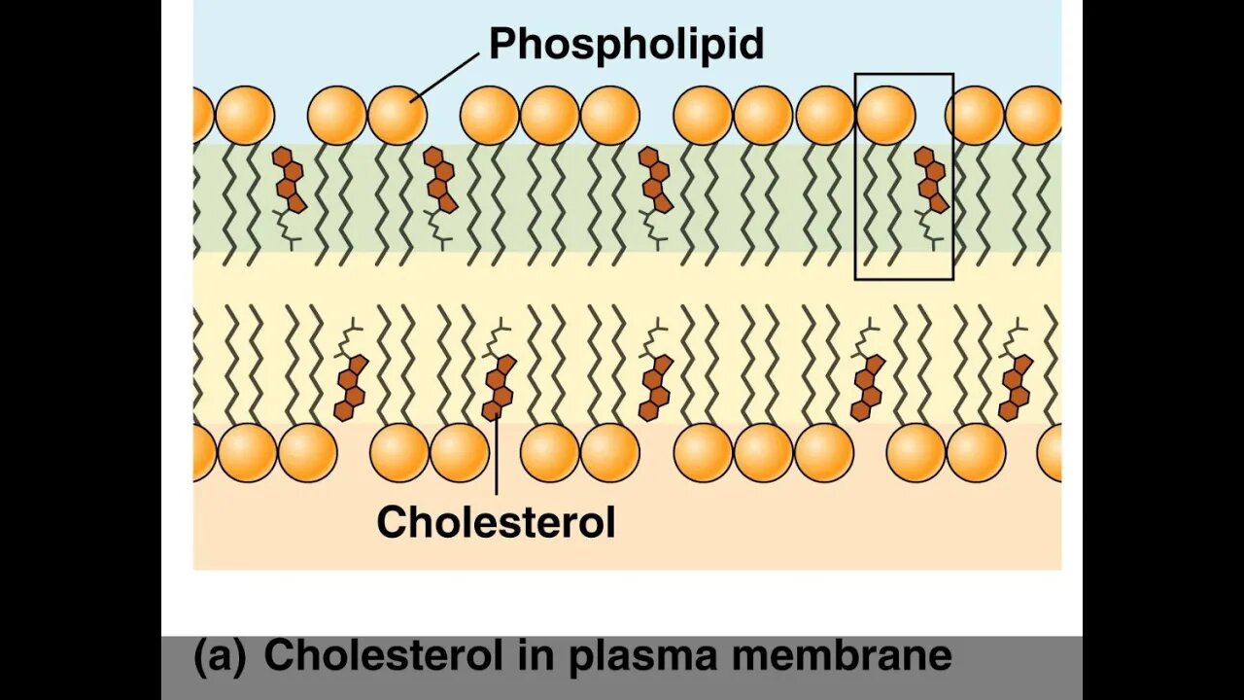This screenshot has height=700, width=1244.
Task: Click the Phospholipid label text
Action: point(626,45)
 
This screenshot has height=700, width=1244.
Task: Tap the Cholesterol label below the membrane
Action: point(496,522)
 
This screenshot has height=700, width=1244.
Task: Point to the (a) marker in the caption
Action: point(220,656)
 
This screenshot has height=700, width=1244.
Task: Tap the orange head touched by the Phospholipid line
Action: point(397,115)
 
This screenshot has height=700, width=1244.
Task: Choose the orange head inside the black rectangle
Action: point(885,115)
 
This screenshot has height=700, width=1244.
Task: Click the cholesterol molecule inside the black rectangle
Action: point(931,181)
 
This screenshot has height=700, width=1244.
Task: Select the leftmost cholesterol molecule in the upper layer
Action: point(289,181)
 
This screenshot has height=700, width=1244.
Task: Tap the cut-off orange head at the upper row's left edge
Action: point(202,115)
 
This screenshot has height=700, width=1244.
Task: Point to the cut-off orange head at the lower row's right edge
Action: point(1051,453)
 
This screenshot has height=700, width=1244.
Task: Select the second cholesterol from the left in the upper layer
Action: point(440,181)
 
